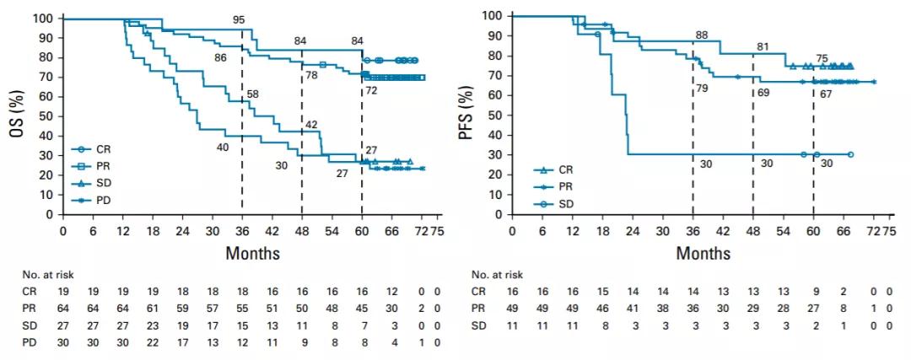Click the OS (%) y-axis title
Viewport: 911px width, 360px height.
pos(14,115)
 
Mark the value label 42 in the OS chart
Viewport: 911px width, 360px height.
pos(312,125)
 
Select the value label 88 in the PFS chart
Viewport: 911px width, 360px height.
pos(701,35)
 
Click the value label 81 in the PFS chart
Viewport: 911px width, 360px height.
pos(762,47)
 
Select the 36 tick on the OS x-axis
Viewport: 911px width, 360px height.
pos(242,229)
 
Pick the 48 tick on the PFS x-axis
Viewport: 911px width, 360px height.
pos(753,229)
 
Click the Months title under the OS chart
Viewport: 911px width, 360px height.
pos(253,252)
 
